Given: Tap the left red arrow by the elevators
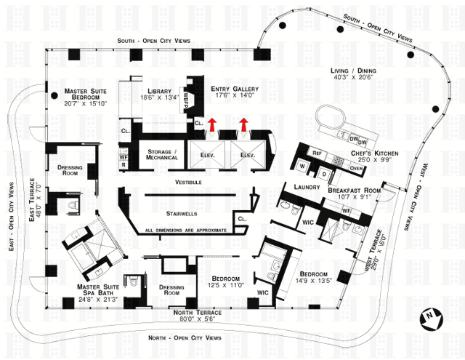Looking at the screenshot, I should coord(212,124).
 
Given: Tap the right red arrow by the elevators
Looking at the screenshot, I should coord(243,124).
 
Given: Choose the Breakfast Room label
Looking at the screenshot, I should coord(354,191).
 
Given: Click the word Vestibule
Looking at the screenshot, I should coord(187,182).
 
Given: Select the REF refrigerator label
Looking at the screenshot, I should coord(317,153).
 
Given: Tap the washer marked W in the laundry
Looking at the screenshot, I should coord(302,166).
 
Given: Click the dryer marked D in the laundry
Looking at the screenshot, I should coord(323,175).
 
